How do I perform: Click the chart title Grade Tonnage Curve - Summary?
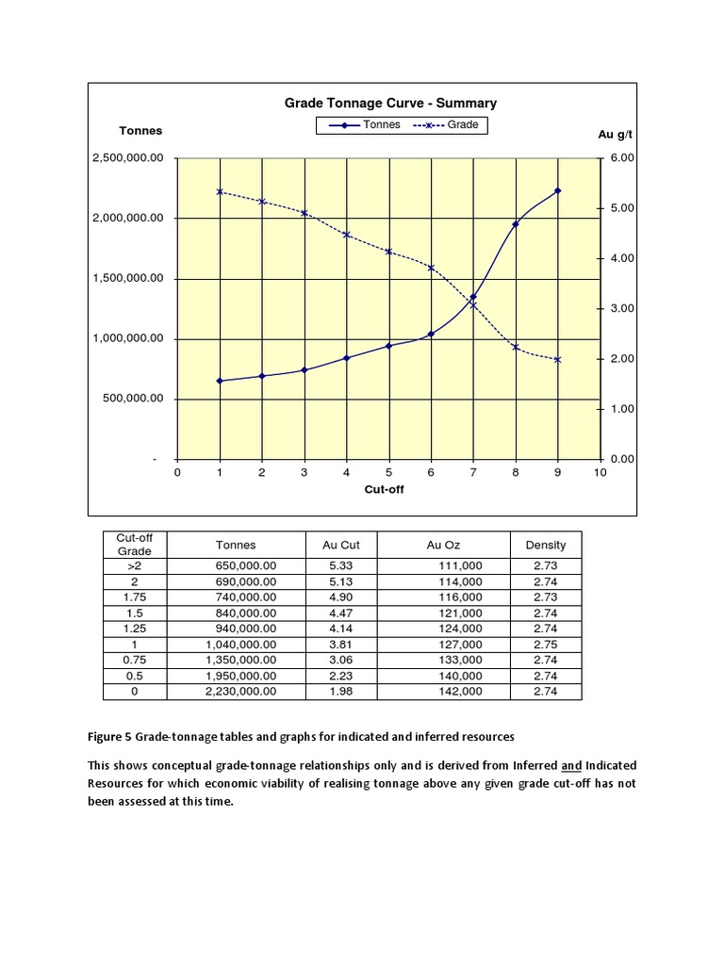click(x=390, y=104)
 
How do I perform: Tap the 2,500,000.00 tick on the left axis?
click(x=127, y=158)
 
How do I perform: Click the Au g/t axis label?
click(x=615, y=135)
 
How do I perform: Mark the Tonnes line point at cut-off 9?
click(x=557, y=190)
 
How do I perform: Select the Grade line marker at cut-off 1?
click(x=220, y=191)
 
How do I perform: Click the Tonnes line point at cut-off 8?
click(x=515, y=224)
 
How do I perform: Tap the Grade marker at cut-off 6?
click(x=431, y=268)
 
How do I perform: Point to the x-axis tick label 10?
click(x=601, y=473)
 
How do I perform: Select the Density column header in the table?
click(x=545, y=545)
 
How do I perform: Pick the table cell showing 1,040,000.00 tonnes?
click(x=246, y=645)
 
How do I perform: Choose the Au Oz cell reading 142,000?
click(x=460, y=691)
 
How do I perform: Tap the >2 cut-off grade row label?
click(x=134, y=566)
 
